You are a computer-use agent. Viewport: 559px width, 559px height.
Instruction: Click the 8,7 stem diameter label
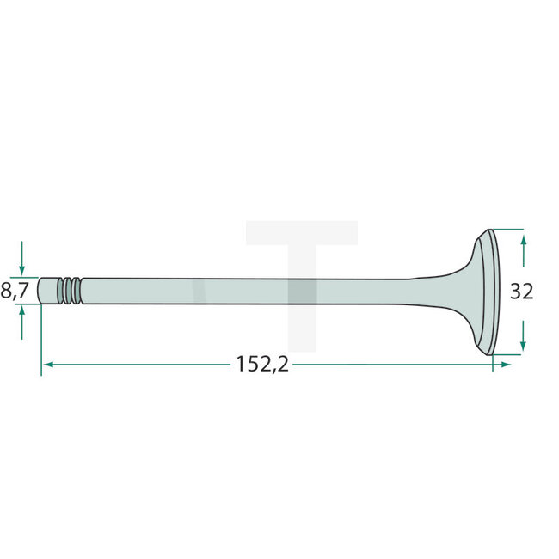(15, 292)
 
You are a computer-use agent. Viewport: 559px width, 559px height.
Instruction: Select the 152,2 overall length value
(262, 365)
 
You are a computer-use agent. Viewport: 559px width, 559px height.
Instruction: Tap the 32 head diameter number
(521, 292)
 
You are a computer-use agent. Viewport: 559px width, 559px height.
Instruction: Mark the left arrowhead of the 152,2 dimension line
(47, 365)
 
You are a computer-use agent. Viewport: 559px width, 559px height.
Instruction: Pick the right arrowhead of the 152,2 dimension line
(506, 365)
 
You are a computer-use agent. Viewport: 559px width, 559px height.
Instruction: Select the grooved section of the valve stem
(71, 291)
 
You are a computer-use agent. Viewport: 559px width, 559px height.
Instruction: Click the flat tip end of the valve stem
(40, 291)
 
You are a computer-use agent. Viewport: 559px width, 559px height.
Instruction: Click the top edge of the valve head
(490, 230)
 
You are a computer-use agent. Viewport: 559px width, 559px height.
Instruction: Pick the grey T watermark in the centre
(301, 258)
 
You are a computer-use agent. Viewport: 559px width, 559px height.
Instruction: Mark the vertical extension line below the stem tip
(40, 344)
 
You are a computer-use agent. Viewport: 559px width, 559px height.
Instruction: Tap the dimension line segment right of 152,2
(396, 365)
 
